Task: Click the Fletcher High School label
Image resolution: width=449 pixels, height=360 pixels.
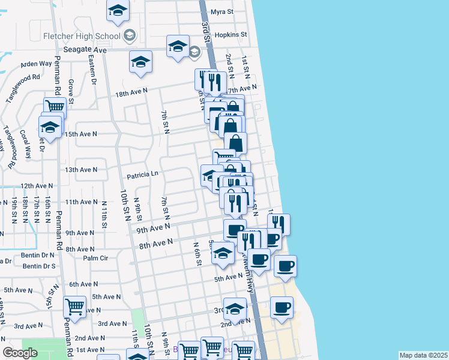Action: (82, 35)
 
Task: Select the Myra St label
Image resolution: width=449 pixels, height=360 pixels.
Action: (222, 11)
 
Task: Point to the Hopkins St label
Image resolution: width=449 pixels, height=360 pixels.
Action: (231, 35)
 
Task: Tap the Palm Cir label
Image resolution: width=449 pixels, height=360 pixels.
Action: (95, 258)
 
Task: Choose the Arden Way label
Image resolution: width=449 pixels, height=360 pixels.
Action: (37, 64)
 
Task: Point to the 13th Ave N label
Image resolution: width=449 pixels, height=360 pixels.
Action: (81, 170)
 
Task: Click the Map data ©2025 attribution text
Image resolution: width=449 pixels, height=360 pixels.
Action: (423, 355)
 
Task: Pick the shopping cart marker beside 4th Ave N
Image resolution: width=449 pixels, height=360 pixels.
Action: (75, 307)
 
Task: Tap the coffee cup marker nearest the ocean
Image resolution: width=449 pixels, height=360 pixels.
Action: (285, 265)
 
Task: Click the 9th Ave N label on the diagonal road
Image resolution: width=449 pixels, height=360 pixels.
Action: (153, 228)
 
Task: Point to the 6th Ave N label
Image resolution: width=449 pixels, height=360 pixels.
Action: (83, 284)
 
